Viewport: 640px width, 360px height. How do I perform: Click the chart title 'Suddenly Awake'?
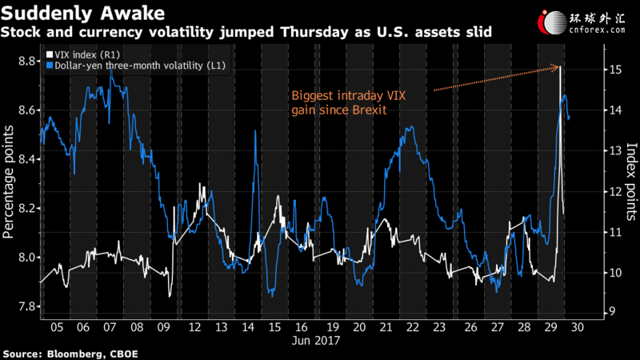[83, 13]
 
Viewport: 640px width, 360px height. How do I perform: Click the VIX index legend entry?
[83, 54]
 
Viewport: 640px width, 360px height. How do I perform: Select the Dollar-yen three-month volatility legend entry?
[135, 66]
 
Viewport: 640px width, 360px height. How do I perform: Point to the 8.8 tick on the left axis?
[27, 62]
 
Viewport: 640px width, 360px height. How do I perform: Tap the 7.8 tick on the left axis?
[27, 306]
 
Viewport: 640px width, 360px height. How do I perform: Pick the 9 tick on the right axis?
[612, 312]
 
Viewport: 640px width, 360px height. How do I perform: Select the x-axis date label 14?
[248, 327]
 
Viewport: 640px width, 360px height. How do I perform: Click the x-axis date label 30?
[577, 327]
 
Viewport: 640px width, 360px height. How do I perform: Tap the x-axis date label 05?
[57, 327]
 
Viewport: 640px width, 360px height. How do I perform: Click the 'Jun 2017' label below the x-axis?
[316, 341]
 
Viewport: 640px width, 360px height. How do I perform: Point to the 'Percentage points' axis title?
[8, 182]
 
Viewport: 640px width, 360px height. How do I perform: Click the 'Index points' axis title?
[631, 182]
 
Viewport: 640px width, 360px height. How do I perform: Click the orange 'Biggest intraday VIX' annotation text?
[349, 96]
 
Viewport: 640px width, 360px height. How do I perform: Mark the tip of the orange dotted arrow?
[558, 66]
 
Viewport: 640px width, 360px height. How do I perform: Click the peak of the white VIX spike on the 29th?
[560, 66]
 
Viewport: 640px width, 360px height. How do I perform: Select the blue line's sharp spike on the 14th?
[255, 130]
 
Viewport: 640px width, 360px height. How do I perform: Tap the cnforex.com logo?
[582, 22]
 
